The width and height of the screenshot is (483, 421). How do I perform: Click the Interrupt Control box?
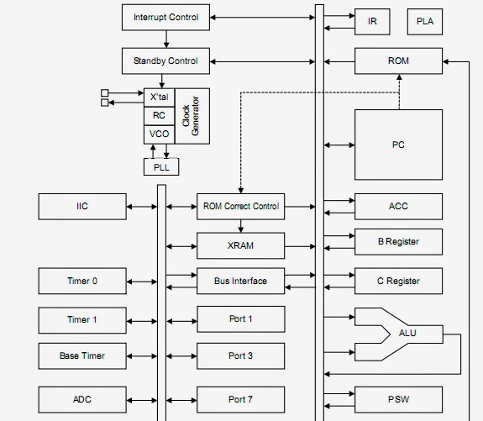click(x=165, y=18)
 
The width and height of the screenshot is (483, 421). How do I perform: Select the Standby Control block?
click(x=165, y=61)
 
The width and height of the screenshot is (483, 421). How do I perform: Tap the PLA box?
click(x=425, y=22)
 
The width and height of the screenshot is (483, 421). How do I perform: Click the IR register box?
click(x=372, y=22)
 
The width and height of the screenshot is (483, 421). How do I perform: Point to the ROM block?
click(x=398, y=61)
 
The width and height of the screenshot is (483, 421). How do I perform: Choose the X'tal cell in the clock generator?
click(x=160, y=97)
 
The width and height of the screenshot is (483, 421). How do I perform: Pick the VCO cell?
click(x=160, y=134)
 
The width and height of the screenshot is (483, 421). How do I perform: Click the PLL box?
click(x=161, y=166)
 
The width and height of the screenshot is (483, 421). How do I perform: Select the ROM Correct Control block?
click(x=240, y=207)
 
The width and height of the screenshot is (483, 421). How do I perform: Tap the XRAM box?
click(x=240, y=245)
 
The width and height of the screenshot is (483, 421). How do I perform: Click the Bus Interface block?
click(x=240, y=281)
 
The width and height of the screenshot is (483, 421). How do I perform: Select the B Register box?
click(x=398, y=242)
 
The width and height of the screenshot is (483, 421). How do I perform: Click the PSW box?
click(x=398, y=399)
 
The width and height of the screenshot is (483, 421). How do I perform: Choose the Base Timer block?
click(x=82, y=356)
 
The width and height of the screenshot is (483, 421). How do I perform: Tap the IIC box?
click(x=82, y=207)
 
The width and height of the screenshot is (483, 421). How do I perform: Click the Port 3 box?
click(x=240, y=356)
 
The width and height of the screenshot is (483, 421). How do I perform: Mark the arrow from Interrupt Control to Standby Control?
click(x=166, y=39)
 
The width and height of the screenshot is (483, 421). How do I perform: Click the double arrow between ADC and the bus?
click(x=142, y=400)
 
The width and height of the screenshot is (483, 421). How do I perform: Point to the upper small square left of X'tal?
click(x=105, y=92)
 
